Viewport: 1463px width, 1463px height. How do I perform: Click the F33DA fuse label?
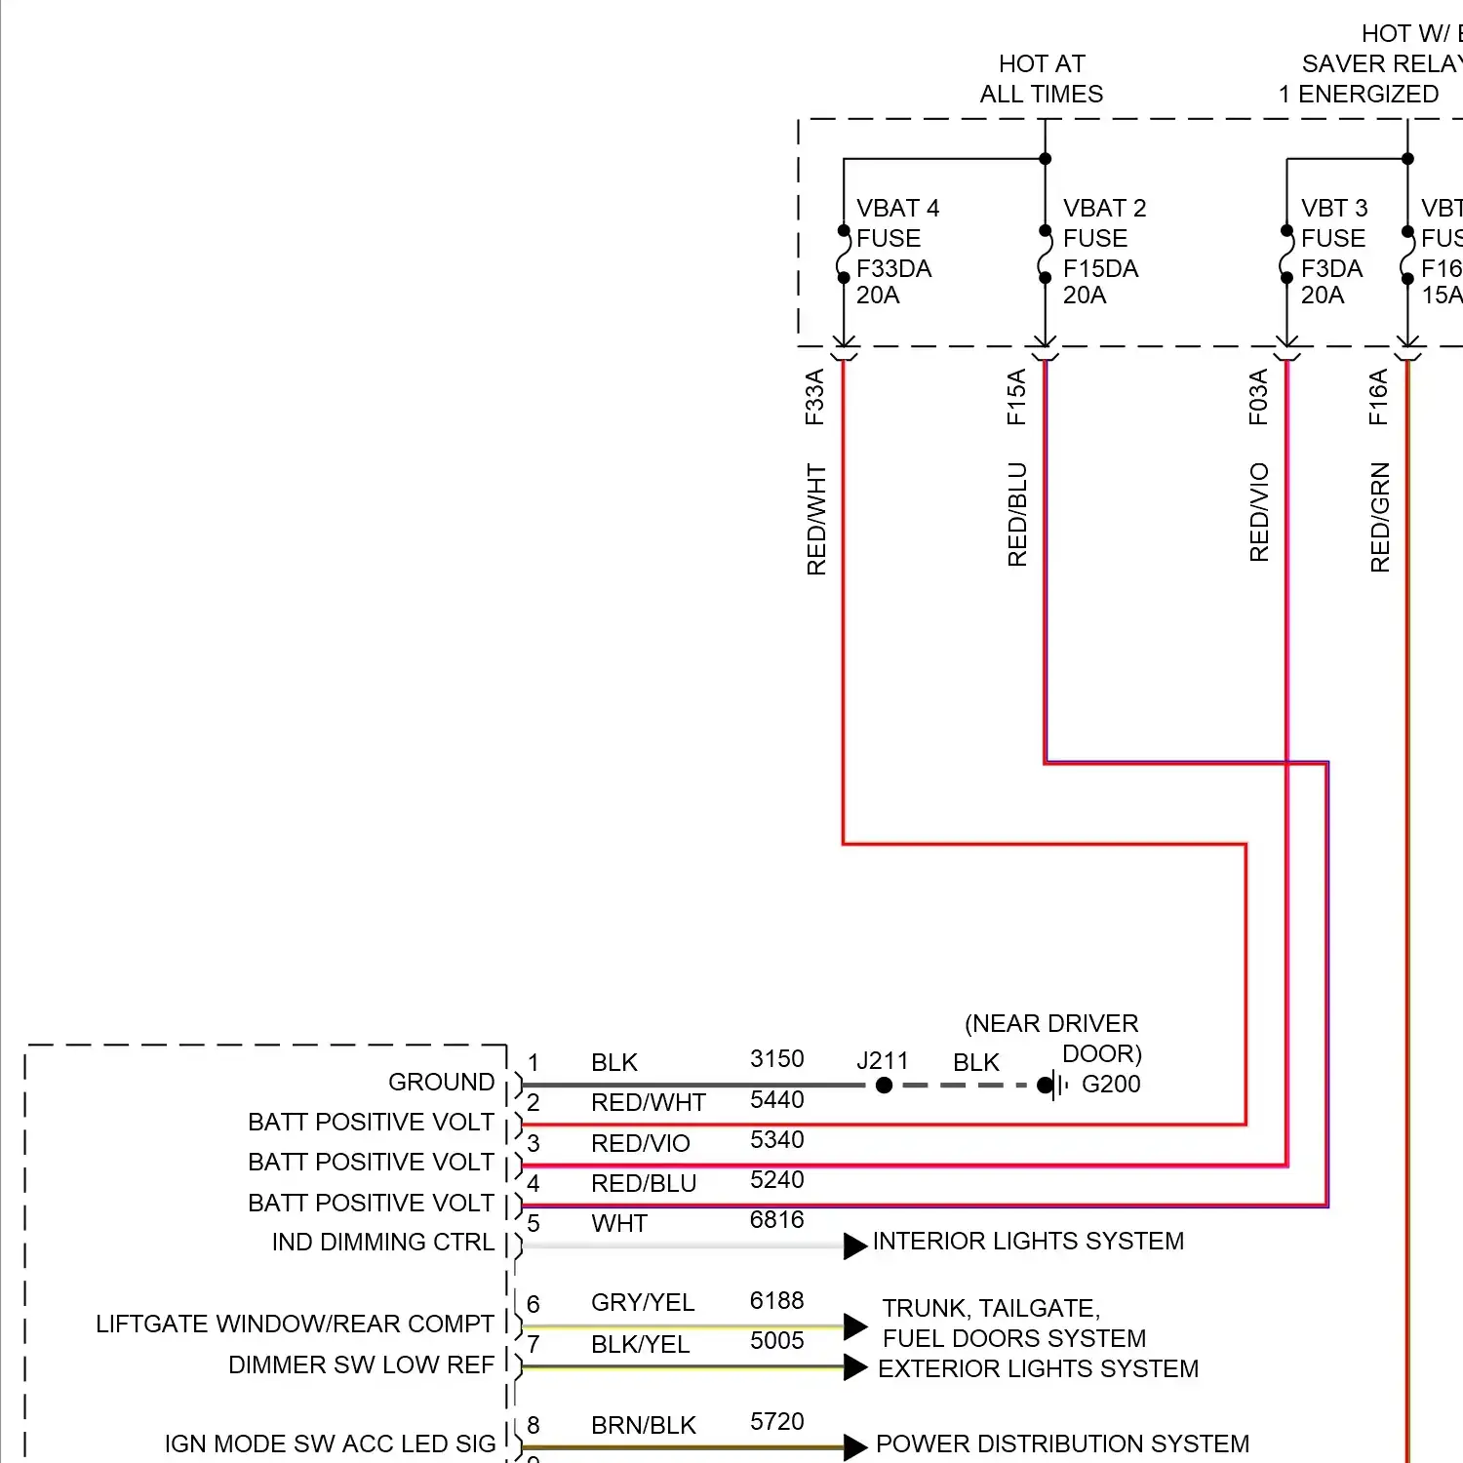[x=893, y=268]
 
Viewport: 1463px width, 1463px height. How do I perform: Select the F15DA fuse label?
[x=1100, y=268]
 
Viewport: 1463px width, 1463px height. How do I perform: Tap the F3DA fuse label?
[x=1331, y=268]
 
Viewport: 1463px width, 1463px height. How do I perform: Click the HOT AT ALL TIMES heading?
[x=1042, y=79]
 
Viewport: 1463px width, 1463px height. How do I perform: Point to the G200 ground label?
[x=1111, y=1084]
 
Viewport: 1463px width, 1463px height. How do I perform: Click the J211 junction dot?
[x=884, y=1085]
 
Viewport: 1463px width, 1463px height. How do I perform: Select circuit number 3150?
[x=776, y=1059]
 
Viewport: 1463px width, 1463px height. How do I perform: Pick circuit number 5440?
[x=776, y=1100]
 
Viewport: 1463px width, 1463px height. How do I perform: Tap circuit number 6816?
[x=776, y=1220]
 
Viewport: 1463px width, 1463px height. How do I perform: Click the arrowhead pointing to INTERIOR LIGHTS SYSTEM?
[x=854, y=1246]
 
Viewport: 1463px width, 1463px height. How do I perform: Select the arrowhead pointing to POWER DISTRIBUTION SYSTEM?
[x=854, y=1447]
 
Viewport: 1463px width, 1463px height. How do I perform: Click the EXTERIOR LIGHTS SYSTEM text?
[x=1038, y=1369]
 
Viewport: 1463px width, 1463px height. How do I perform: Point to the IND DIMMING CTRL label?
[x=383, y=1243]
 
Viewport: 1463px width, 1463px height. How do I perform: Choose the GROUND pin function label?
[x=441, y=1083]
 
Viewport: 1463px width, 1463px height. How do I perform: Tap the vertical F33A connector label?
[x=814, y=397]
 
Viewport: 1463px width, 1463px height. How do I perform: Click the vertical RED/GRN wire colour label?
[x=1380, y=517]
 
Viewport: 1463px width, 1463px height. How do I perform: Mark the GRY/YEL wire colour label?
[x=643, y=1303]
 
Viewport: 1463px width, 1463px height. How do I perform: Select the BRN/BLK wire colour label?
[x=644, y=1426]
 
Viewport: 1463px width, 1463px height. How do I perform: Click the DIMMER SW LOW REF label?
[x=361, y=1365]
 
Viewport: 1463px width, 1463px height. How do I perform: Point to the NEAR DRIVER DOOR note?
[x=1053, y=1038]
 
